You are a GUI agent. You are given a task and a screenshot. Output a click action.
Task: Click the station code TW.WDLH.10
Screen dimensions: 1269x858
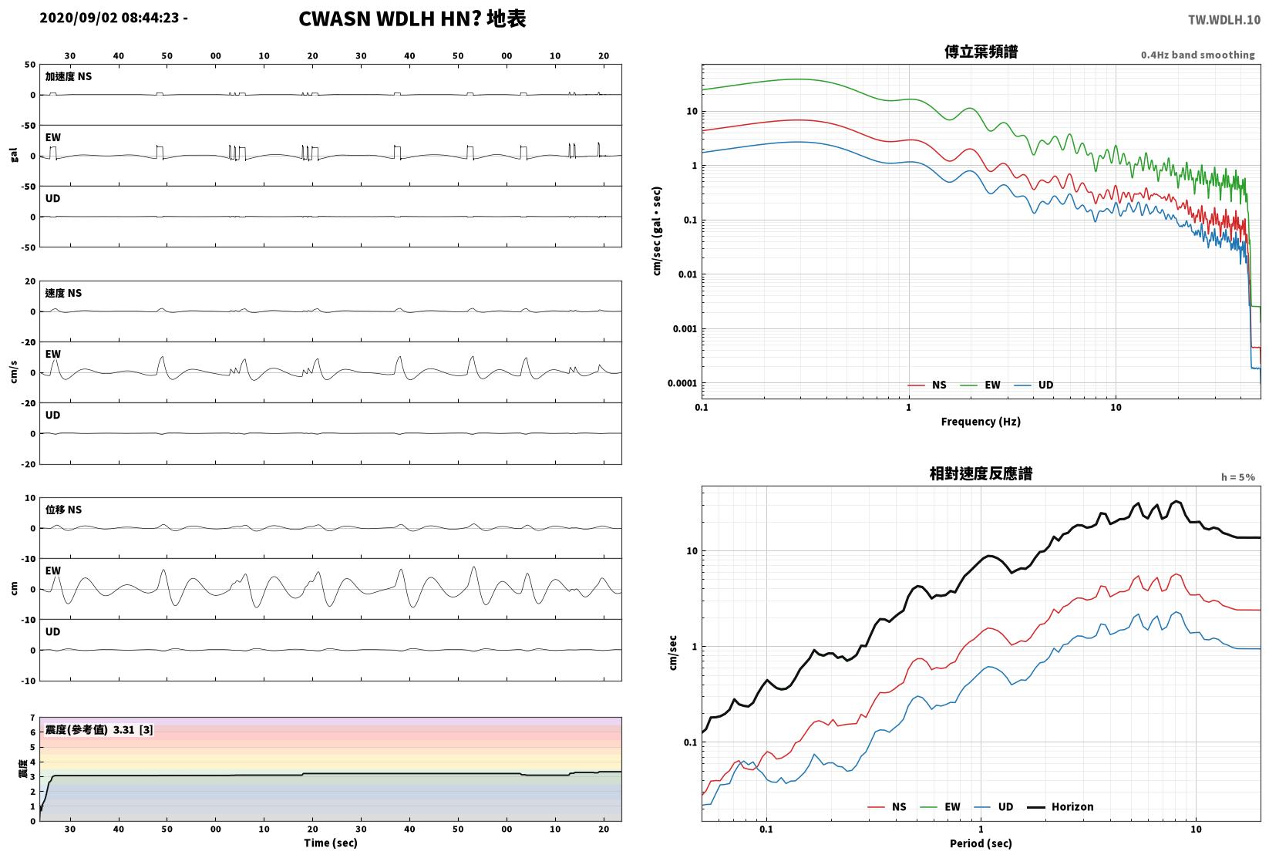pyautogui.click(x=1224, y=20)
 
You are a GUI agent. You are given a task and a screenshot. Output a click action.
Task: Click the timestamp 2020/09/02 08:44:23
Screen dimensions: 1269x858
pyautogui.click(x=109, y=18)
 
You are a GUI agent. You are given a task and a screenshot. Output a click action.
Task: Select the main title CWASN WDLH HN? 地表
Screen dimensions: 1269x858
pyautogui.click(x=412, y=19)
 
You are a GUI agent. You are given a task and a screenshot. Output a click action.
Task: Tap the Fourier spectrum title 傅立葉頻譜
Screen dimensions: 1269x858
pyautogui.click(x=981, y=52)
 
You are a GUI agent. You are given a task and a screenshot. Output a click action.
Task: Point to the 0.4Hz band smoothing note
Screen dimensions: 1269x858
pyautogui.click(x=1197, y=55)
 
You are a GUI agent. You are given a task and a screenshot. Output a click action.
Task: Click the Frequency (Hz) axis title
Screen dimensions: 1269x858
pyautogui.click(x=981, y=422)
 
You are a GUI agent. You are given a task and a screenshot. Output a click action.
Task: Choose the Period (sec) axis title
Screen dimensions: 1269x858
pyautogui.click(x=981, y=843)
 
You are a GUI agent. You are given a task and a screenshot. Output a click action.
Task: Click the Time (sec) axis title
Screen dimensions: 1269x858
pyautogui.click(x=331, y=843)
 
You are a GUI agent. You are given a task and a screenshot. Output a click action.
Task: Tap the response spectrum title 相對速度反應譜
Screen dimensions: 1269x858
pyautogui.click(x=981, y=473)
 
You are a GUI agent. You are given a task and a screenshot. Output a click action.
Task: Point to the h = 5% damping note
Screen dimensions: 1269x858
pyautogui.click(x=1238, y=477)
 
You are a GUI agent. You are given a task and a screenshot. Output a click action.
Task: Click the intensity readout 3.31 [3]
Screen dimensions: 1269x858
pyautogui.click(x=133, y=729)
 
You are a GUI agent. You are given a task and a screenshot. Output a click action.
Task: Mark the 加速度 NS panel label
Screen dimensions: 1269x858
pyautogui.click(x=69, y=76)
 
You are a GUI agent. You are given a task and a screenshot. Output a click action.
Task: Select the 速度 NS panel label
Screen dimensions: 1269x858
pyautogui.click(x=63, y=293)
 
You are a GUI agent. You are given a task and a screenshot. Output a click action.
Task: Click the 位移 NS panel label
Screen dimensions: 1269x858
pyautogui.click(x=63, y=510)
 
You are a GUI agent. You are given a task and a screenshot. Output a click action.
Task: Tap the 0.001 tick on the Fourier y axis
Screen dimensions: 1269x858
pyautogui.click(x=685, y=329)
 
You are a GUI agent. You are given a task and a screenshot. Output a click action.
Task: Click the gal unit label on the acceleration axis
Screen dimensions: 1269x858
pyautogui.click(x=14, y=155)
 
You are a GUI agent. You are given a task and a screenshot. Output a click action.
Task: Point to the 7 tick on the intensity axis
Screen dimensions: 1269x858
pyautogui.click(x=33, y=718)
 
